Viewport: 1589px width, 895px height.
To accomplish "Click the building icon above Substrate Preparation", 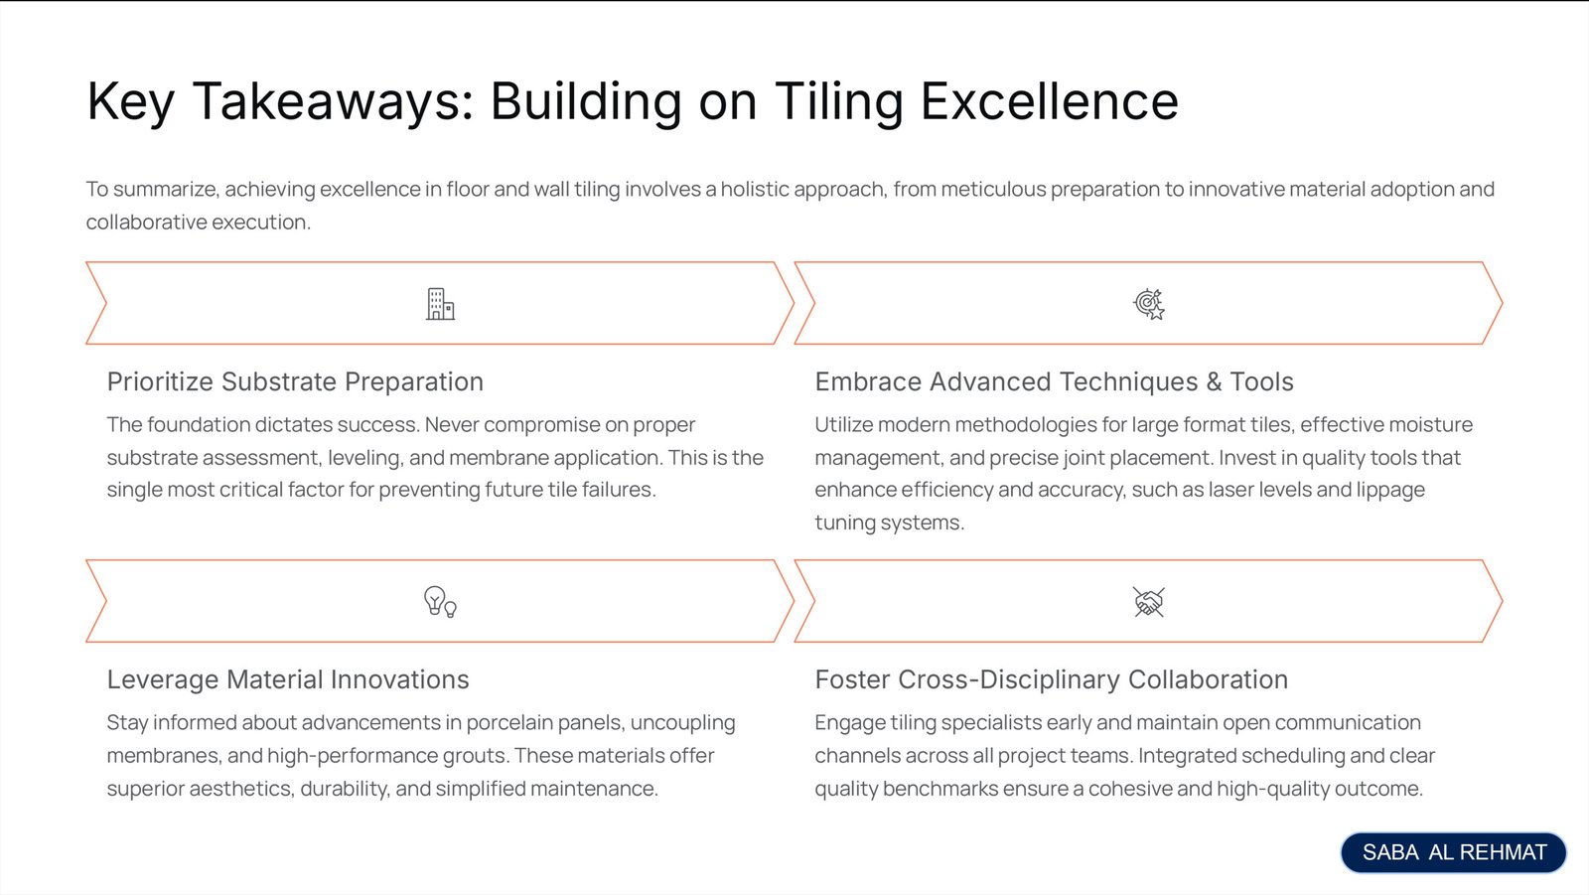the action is click(x=440, y=304).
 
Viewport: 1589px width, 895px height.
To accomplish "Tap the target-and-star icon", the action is click(x=1148, y=304).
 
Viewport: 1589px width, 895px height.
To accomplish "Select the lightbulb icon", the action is click(x=440, y=602).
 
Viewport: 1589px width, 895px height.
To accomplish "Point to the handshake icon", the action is click(x=1148, y=602).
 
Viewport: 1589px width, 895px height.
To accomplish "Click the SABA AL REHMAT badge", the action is click(x=1454, y=851).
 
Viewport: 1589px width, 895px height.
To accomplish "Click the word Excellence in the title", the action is click(x=1049, y=101).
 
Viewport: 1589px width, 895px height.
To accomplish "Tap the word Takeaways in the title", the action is click(x=334, y=101).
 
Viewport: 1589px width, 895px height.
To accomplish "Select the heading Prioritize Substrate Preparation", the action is click(x=295, y=381).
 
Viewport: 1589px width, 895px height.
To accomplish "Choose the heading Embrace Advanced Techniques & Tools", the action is click(x=1054, y=381).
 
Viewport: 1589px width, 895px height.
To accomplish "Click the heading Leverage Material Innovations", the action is click(x=288, y=679).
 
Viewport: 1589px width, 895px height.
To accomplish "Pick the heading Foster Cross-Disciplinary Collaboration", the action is click(x=1052, y=679).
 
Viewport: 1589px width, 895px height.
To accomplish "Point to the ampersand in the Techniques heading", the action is click(x=1214, y=381).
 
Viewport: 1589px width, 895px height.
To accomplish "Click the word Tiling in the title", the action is click(x=839, y=101).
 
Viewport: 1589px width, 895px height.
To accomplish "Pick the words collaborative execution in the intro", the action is click(x=199, y=223).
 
